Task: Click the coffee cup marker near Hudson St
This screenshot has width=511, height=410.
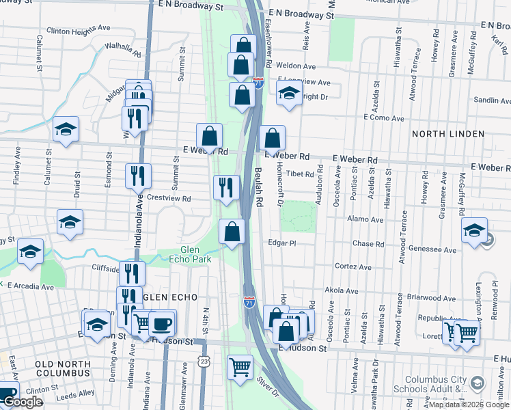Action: tap(161, 323)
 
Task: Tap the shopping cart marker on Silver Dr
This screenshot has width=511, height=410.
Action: tap(240, 368)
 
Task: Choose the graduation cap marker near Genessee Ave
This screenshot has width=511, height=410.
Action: tap(474, 230)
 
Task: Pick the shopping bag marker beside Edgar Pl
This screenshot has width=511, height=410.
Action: tap(232, 231)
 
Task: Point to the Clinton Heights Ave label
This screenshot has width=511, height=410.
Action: tap(79, 31)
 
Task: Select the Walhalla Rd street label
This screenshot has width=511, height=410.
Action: tap(122, 50)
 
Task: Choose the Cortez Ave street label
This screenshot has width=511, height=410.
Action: tap(353, 266)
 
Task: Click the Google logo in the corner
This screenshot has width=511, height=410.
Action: tap(22, 402)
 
